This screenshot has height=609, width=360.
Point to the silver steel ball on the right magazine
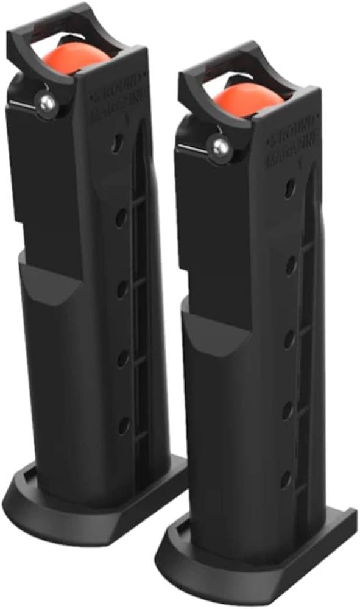click(x=218, y=146)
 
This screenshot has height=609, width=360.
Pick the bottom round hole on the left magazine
click(x=123, y=426)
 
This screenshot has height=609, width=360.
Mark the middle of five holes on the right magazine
click(x=289, y=337)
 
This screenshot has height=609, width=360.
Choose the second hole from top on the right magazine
click(x=291, y=264)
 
